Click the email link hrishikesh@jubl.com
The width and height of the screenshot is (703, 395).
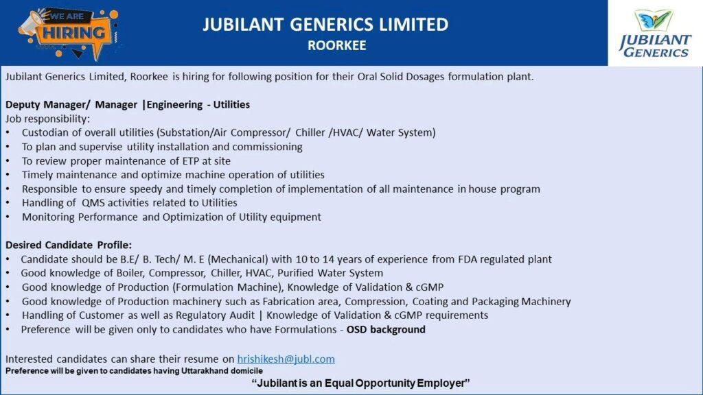point(286,359)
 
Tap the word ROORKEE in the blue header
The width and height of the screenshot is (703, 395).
point(336,45)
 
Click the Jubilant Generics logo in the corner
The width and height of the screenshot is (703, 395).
point(655,33)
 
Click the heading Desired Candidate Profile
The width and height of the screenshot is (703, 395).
point(69,245)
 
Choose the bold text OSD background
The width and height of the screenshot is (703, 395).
point(386,330)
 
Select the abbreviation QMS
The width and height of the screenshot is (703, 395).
point(93,203)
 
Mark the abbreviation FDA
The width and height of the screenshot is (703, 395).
point(467,259)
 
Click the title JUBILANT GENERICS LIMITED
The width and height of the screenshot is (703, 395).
point(325,25)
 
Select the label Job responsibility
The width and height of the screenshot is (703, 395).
point(47,119)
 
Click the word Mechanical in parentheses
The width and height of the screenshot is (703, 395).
point(238,259)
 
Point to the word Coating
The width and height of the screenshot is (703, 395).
point(430,302)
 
